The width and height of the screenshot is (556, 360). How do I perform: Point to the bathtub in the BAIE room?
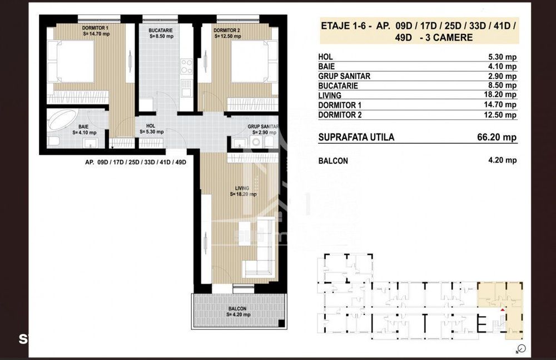tap(62, 120)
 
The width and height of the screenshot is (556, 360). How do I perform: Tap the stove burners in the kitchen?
tap(187, 67)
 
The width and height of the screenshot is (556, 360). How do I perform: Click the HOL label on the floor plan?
tap(151, 126)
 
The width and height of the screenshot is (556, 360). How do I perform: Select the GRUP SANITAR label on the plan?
tap(263, 127)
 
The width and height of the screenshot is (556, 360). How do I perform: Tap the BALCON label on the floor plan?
tap(237, 308)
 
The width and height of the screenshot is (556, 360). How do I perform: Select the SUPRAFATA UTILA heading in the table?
tap(356, 137)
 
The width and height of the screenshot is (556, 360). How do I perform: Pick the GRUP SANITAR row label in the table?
tap(344, 76)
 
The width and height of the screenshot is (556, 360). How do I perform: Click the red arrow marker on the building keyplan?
tap(503, 310)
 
